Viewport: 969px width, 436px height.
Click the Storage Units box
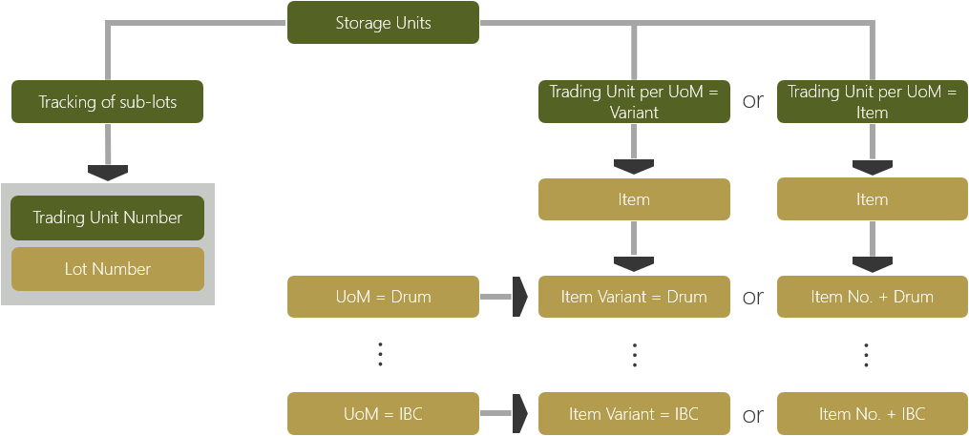(383, 23)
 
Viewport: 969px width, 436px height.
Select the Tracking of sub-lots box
(108, 102)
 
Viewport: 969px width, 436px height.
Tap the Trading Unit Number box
(108, 218)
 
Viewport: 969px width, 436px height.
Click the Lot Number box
(108, 269)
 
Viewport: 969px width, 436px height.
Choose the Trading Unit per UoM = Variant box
(634, 102)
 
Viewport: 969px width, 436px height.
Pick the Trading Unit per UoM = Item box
(873, 102)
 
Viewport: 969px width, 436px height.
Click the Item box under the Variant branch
(634, 199)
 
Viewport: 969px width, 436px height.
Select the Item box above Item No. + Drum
(873, 199)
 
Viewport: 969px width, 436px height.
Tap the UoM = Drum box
(383, 297)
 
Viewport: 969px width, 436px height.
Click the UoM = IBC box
(383, 414)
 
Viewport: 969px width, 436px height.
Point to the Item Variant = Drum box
(634, 297)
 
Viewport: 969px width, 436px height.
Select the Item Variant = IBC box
(634, 414)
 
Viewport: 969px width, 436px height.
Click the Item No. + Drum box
(873, 297)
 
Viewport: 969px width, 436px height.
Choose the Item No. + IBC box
(873, 414)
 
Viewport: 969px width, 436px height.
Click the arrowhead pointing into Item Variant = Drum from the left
(520, 297)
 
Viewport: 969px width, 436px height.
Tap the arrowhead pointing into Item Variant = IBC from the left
(520, 414)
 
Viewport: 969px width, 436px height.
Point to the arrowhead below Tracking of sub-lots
(108, 172)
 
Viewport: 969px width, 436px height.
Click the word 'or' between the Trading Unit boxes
(753, 101)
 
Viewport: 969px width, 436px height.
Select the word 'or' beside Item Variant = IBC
(753, 414)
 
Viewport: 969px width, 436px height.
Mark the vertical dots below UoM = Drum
(380, 354)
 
